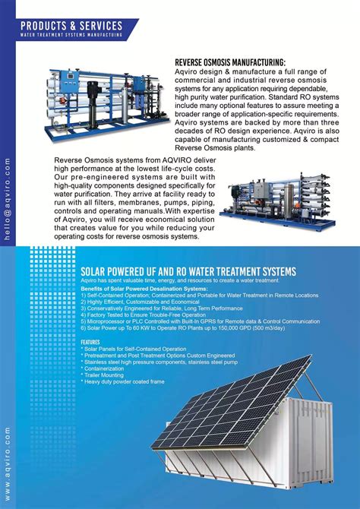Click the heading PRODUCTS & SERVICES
(71, 26)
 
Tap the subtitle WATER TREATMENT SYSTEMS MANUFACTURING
(71, 35)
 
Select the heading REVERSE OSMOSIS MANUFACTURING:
(230, 62)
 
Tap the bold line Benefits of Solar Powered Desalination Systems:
(144, 289)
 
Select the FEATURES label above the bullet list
(90, 342)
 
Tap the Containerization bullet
(106, 368)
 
